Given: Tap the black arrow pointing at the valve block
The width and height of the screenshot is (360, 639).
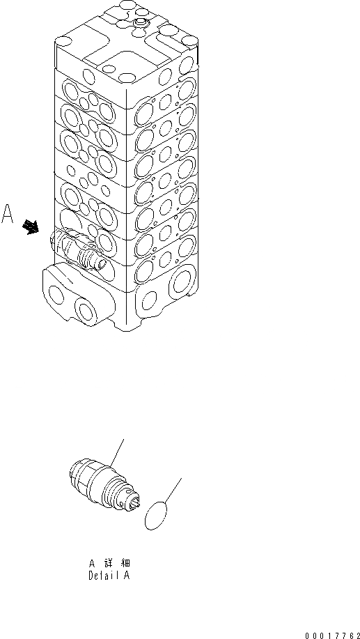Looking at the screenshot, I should (31, 226).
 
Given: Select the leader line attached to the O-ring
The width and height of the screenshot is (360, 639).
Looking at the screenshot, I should (175, 491).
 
